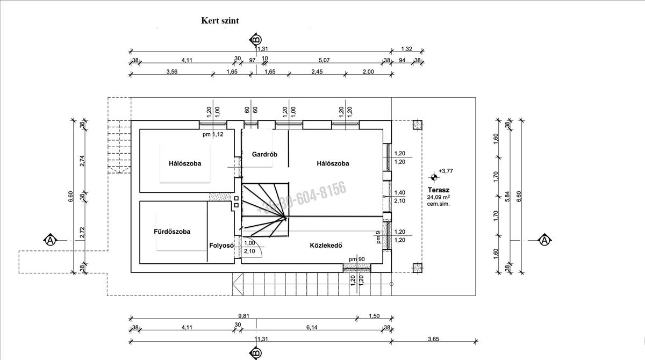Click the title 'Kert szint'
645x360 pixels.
pyautogui.click(x=220, y=21)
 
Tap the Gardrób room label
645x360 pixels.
pyautogui.click(x=264, y=154)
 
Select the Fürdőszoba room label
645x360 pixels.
pyautogui.click(x=172, y=232)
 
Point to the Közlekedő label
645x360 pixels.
pyautogui.click(x=326, y=246)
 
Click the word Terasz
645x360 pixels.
pyautogui.click(x=439, y=190)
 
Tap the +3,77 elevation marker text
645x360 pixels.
pyautogui.click(x=446, y=171)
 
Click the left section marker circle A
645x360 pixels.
pyautogui.click(x=50, y=240)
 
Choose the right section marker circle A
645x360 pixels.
pyautogui.click(x=544, y=240)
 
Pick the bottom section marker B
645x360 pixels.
pyautogui.click(x=256, y=353)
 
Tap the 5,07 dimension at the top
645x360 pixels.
pyautogui.click(x=324, y=60)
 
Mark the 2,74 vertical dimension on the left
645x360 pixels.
pyautogui.click(x=82, y=161)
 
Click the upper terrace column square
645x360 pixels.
pyautogui.click(x=417, y=125)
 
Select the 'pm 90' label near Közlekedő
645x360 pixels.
pyautogui.click(x=356, y=260)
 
